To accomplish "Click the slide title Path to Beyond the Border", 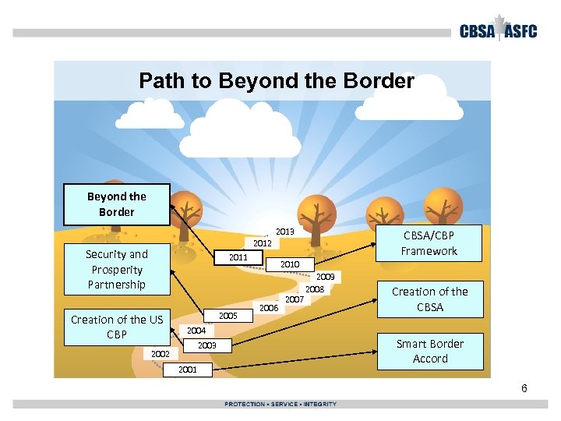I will (x=276, y=80).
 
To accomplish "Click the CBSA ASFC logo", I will (x=503, y=30).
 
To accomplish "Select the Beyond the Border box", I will (x=117, y=204).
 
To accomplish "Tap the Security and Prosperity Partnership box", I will (x=117, y=269).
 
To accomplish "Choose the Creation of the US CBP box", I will (x=117, y=327).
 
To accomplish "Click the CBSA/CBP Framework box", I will (x=429, y=242).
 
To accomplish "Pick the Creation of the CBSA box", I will (x=429, y=299).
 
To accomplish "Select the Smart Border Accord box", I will (x=429, y=351).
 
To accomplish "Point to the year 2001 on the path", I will (x=187, y=370).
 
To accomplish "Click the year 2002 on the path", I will (x=161, y=354).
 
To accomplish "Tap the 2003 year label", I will (x=206, y=345).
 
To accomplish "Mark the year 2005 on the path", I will (x=228, y=316).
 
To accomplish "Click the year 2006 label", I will (x=269, y=308).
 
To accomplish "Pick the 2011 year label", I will (x=238, y=257).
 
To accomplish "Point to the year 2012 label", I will (x=263, y=243).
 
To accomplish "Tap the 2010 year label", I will (x=290, y=264).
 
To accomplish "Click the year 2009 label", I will (x=326, y=277).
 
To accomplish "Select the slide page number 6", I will (x=524, y=388).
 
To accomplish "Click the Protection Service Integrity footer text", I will (x=280, y=404).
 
